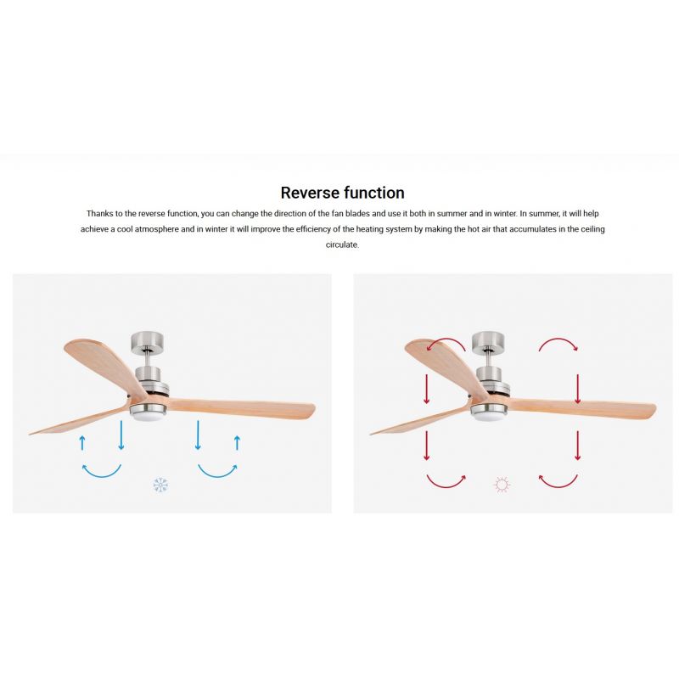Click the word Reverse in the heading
[x=308, y=193]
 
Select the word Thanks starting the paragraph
[x=99, y=214]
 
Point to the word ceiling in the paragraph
[x=592, y=229]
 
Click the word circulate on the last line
[x=342, y=244]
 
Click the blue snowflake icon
[x=160, y=485]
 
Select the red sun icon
[x=502, y=485]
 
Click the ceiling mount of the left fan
[x=148, y=341]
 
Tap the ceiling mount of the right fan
[x=489, y=341]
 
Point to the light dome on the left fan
[x=148, y=417]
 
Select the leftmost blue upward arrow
[x=82, y=443]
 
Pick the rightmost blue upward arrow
[x=237, y=443]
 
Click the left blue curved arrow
[x=102, y=476]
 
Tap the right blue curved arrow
[x=217, y=476]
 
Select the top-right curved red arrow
[x=558, y=339]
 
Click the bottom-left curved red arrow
[x=446, y=486]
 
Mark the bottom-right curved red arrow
[x=558, y=486]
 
